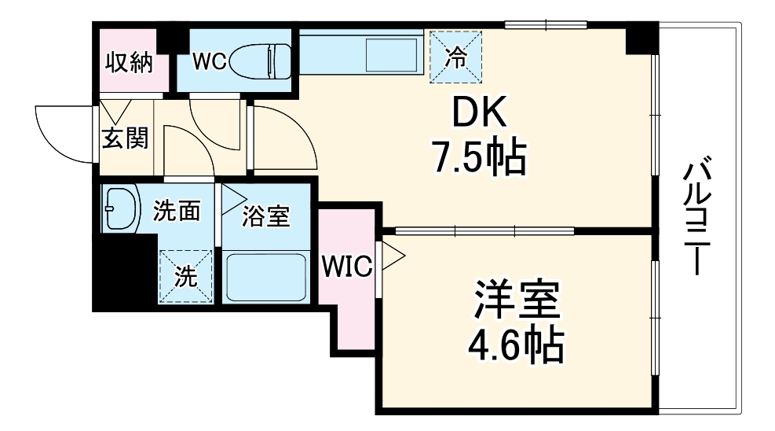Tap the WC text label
pyautogui.click(x=209, y=63)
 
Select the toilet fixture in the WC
pyautogui.click(x=262, y=60)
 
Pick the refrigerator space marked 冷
pyautogui.click(x=455, y=55)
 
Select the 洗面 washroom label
pyautogui.click(x=177, y=211)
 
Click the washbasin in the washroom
pyautogui.click(x=120, y=208)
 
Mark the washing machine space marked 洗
pyautogui.click(x=185, y=275)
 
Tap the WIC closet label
pyautogui.click(x=345, y=267)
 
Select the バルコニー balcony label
pyautogui.click(x=697, y=216)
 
